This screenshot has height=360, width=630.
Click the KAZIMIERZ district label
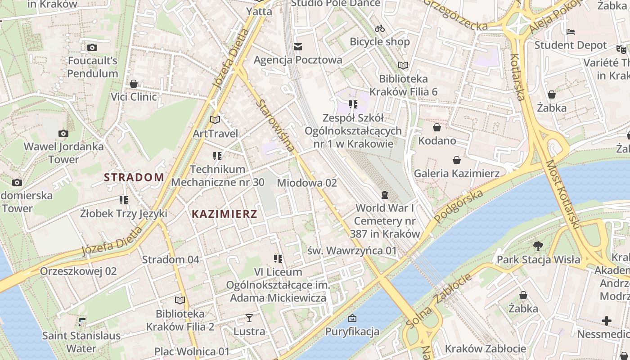225,214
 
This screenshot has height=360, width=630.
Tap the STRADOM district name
134,177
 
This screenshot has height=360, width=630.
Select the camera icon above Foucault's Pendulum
92,47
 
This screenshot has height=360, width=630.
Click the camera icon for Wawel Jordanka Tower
63,133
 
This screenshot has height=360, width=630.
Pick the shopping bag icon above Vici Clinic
134,84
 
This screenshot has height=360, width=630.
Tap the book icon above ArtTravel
215,120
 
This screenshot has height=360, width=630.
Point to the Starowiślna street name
275,126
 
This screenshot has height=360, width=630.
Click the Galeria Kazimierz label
457,173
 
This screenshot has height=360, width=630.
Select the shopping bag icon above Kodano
436,127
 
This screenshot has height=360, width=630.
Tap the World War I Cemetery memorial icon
385,195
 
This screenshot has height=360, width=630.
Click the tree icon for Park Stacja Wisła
538,246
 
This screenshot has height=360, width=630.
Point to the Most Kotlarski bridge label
562,193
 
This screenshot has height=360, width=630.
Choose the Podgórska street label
459,206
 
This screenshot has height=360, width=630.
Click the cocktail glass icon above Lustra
249,318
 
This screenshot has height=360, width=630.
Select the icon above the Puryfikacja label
352,318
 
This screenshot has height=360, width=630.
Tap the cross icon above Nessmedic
607,321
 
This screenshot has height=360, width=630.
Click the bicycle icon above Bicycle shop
380,28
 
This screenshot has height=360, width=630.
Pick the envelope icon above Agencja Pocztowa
298,47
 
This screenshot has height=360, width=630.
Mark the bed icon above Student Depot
571,32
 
